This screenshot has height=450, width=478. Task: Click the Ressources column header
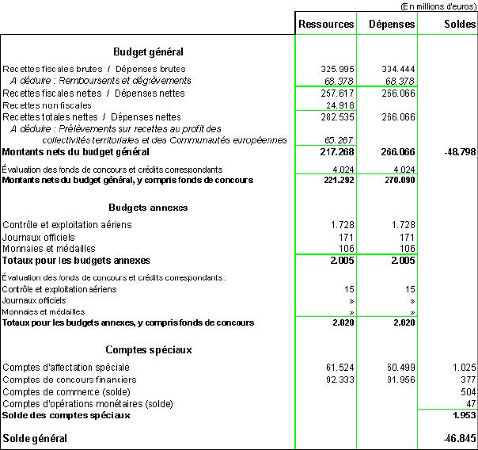coord(326,25)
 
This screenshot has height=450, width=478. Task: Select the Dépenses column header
coord(391,25)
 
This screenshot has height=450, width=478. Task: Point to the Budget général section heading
coord(148,52)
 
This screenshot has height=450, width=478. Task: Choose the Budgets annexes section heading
coord(148,208)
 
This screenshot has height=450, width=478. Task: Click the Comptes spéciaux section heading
coord(148,349)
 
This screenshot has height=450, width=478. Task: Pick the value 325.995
coord(336,70)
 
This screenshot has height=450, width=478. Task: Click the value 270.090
coord(398,181)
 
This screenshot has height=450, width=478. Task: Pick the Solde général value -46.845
coord(460,438)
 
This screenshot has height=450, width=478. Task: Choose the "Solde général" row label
coord(35,438)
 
